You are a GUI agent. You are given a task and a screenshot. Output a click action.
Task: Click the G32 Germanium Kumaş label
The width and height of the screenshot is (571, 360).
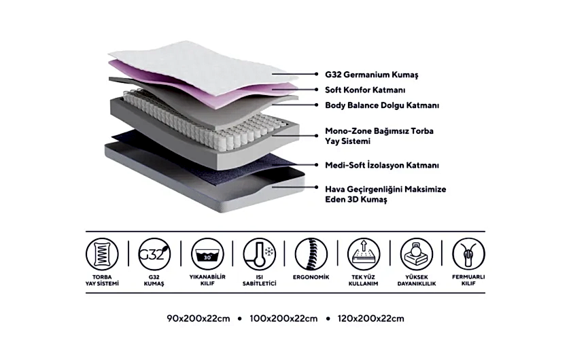click(371, 75)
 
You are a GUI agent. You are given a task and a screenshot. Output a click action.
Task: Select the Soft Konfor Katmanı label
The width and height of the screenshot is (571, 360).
click(365, 90)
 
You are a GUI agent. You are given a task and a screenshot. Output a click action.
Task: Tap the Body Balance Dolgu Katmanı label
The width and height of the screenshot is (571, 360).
click(382, 105)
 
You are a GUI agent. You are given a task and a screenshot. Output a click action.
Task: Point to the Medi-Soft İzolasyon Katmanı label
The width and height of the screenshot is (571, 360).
click(382, 165)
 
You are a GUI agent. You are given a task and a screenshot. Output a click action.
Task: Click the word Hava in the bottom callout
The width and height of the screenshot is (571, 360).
click(334, 190)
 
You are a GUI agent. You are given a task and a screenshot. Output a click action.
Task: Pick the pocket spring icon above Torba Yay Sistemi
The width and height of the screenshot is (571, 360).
click(103, 254)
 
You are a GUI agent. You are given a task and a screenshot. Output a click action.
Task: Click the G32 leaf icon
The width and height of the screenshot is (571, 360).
click(154, 254)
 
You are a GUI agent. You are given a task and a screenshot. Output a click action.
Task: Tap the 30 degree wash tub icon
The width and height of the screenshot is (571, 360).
click(207, 254)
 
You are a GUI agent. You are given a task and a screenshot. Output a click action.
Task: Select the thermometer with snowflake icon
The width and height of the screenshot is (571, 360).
click(259, 254)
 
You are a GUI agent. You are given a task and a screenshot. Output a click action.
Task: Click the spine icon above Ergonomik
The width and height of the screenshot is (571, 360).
click(311, 254)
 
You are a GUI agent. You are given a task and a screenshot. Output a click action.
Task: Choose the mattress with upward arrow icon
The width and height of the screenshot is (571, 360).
click(364, 254)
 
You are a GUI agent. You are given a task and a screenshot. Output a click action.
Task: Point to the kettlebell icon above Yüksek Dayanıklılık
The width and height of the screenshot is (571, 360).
click(416, 254)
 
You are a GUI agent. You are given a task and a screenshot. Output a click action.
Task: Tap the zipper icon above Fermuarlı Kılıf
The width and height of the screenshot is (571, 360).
click(468, 254)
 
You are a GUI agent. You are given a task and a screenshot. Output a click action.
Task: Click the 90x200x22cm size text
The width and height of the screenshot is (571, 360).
click(198, 319)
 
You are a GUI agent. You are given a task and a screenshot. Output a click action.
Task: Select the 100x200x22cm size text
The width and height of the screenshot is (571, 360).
click(283, 319)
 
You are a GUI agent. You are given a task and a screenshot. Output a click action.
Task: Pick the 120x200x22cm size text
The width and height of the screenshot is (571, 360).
click(370, 319)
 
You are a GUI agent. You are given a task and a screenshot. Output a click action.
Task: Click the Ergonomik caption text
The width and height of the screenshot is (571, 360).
click(311, 277)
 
